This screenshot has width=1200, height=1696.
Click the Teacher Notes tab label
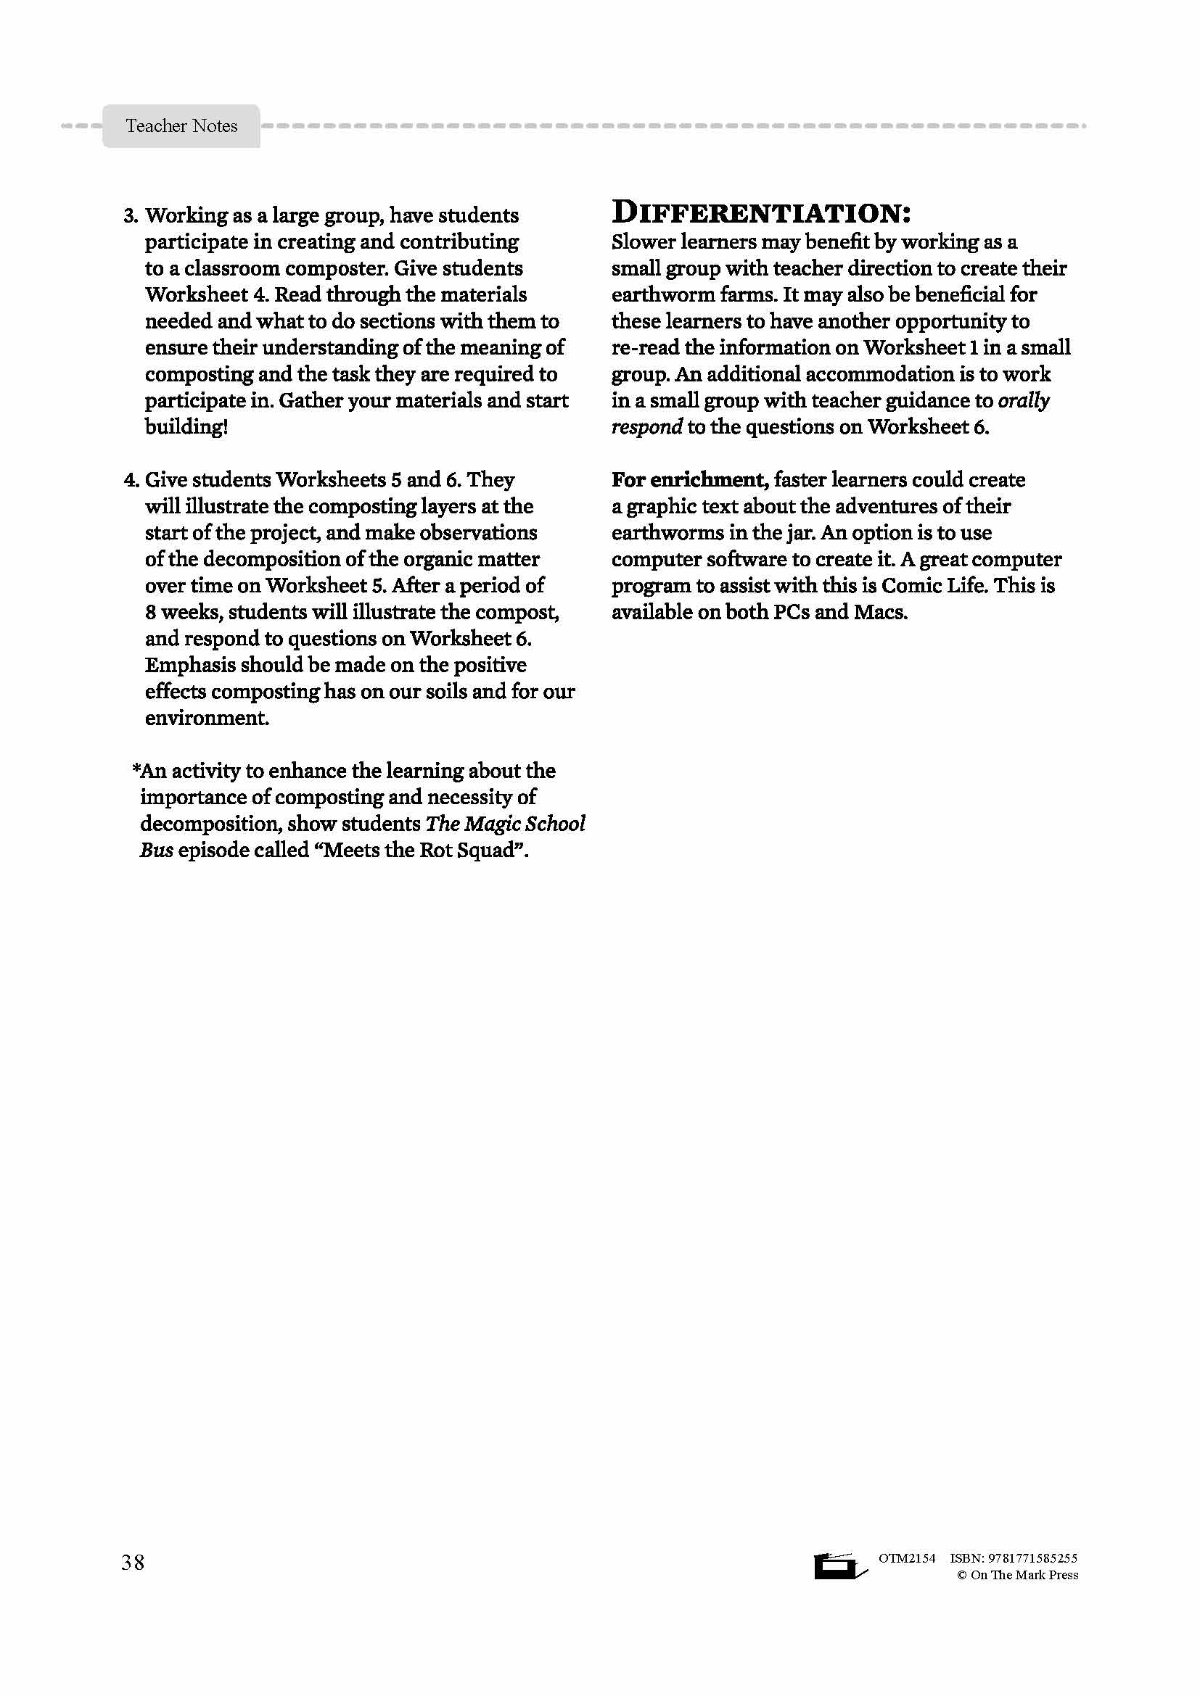coord(181,126)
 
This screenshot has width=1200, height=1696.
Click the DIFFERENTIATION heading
coord(760,212)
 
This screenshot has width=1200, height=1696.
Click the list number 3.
coord(131,215)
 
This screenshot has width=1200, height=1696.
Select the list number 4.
coord(131,480)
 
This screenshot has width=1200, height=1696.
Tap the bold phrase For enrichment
coord(689,480)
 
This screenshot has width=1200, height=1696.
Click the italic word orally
coord(1024,400)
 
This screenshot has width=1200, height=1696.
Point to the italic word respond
coord(646,427)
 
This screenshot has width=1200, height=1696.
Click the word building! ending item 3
coord(186,427)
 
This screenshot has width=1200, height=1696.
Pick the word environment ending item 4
coord(206,718)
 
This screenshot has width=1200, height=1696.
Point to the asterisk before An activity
coord(136,770)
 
